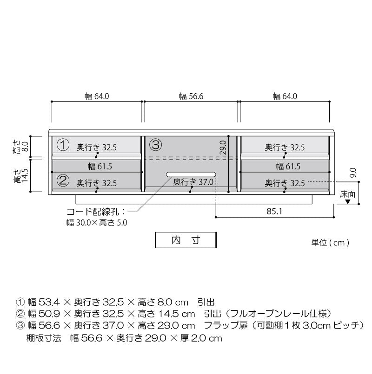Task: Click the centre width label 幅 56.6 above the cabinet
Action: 191,97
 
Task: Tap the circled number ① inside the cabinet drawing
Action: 63,145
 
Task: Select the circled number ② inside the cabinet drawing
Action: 63,181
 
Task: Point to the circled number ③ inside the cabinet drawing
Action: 156,145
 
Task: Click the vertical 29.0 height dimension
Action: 223,148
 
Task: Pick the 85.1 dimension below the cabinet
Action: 274,211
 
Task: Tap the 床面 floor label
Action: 348,194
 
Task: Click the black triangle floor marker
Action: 348,202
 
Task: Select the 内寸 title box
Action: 186,240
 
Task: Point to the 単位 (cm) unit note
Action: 330,243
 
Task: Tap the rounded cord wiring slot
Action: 191,174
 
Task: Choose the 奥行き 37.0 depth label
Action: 193,182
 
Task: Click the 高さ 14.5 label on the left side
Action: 21,176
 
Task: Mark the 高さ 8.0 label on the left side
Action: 21,147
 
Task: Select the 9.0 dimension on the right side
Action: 353,173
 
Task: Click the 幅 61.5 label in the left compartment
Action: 100,166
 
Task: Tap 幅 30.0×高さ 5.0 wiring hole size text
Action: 97,223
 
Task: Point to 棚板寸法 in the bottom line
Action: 44,338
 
